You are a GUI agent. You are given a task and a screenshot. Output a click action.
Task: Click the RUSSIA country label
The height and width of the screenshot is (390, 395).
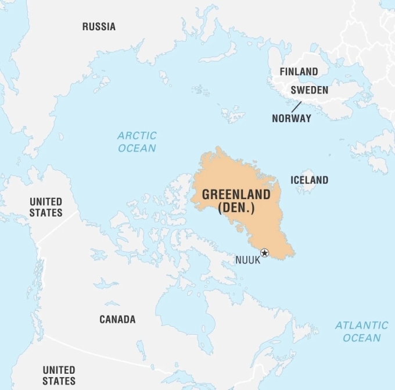[99, 27]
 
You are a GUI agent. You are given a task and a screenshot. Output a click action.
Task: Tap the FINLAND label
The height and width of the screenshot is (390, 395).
[299, 72]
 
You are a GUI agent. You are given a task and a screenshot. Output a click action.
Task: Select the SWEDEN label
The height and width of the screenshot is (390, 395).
[309, 90]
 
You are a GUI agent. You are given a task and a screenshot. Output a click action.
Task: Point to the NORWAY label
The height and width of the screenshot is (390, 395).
[292, 118]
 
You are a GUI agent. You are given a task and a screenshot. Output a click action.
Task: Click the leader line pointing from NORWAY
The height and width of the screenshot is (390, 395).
[297, 107]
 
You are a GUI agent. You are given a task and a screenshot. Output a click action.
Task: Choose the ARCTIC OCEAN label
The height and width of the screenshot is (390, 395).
[137, 142]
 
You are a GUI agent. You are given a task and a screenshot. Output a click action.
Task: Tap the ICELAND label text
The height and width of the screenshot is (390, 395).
[309, 180]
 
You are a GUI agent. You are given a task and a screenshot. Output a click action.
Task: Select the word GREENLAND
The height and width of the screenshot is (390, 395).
[236, 195]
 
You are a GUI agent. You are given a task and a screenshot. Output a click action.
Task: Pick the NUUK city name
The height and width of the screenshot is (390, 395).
[248, 260]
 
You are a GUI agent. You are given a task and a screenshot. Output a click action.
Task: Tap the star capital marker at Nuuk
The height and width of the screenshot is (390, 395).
[265, 253]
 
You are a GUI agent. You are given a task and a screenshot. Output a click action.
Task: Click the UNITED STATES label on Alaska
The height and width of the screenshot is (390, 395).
[46, 207]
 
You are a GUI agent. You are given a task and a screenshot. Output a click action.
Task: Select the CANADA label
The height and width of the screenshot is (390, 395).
[117, 320]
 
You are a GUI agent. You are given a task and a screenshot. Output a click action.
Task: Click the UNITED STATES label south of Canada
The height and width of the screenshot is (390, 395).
[59, 375]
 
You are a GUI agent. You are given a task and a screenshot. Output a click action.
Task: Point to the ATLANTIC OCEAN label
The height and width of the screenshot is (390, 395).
[361, 332]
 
